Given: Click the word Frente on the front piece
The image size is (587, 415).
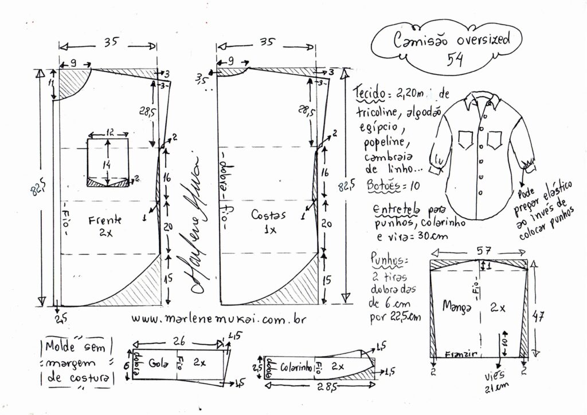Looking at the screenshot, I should [x=104, y=219].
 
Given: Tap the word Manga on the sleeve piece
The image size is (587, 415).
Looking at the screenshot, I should [x=456, y=307].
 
